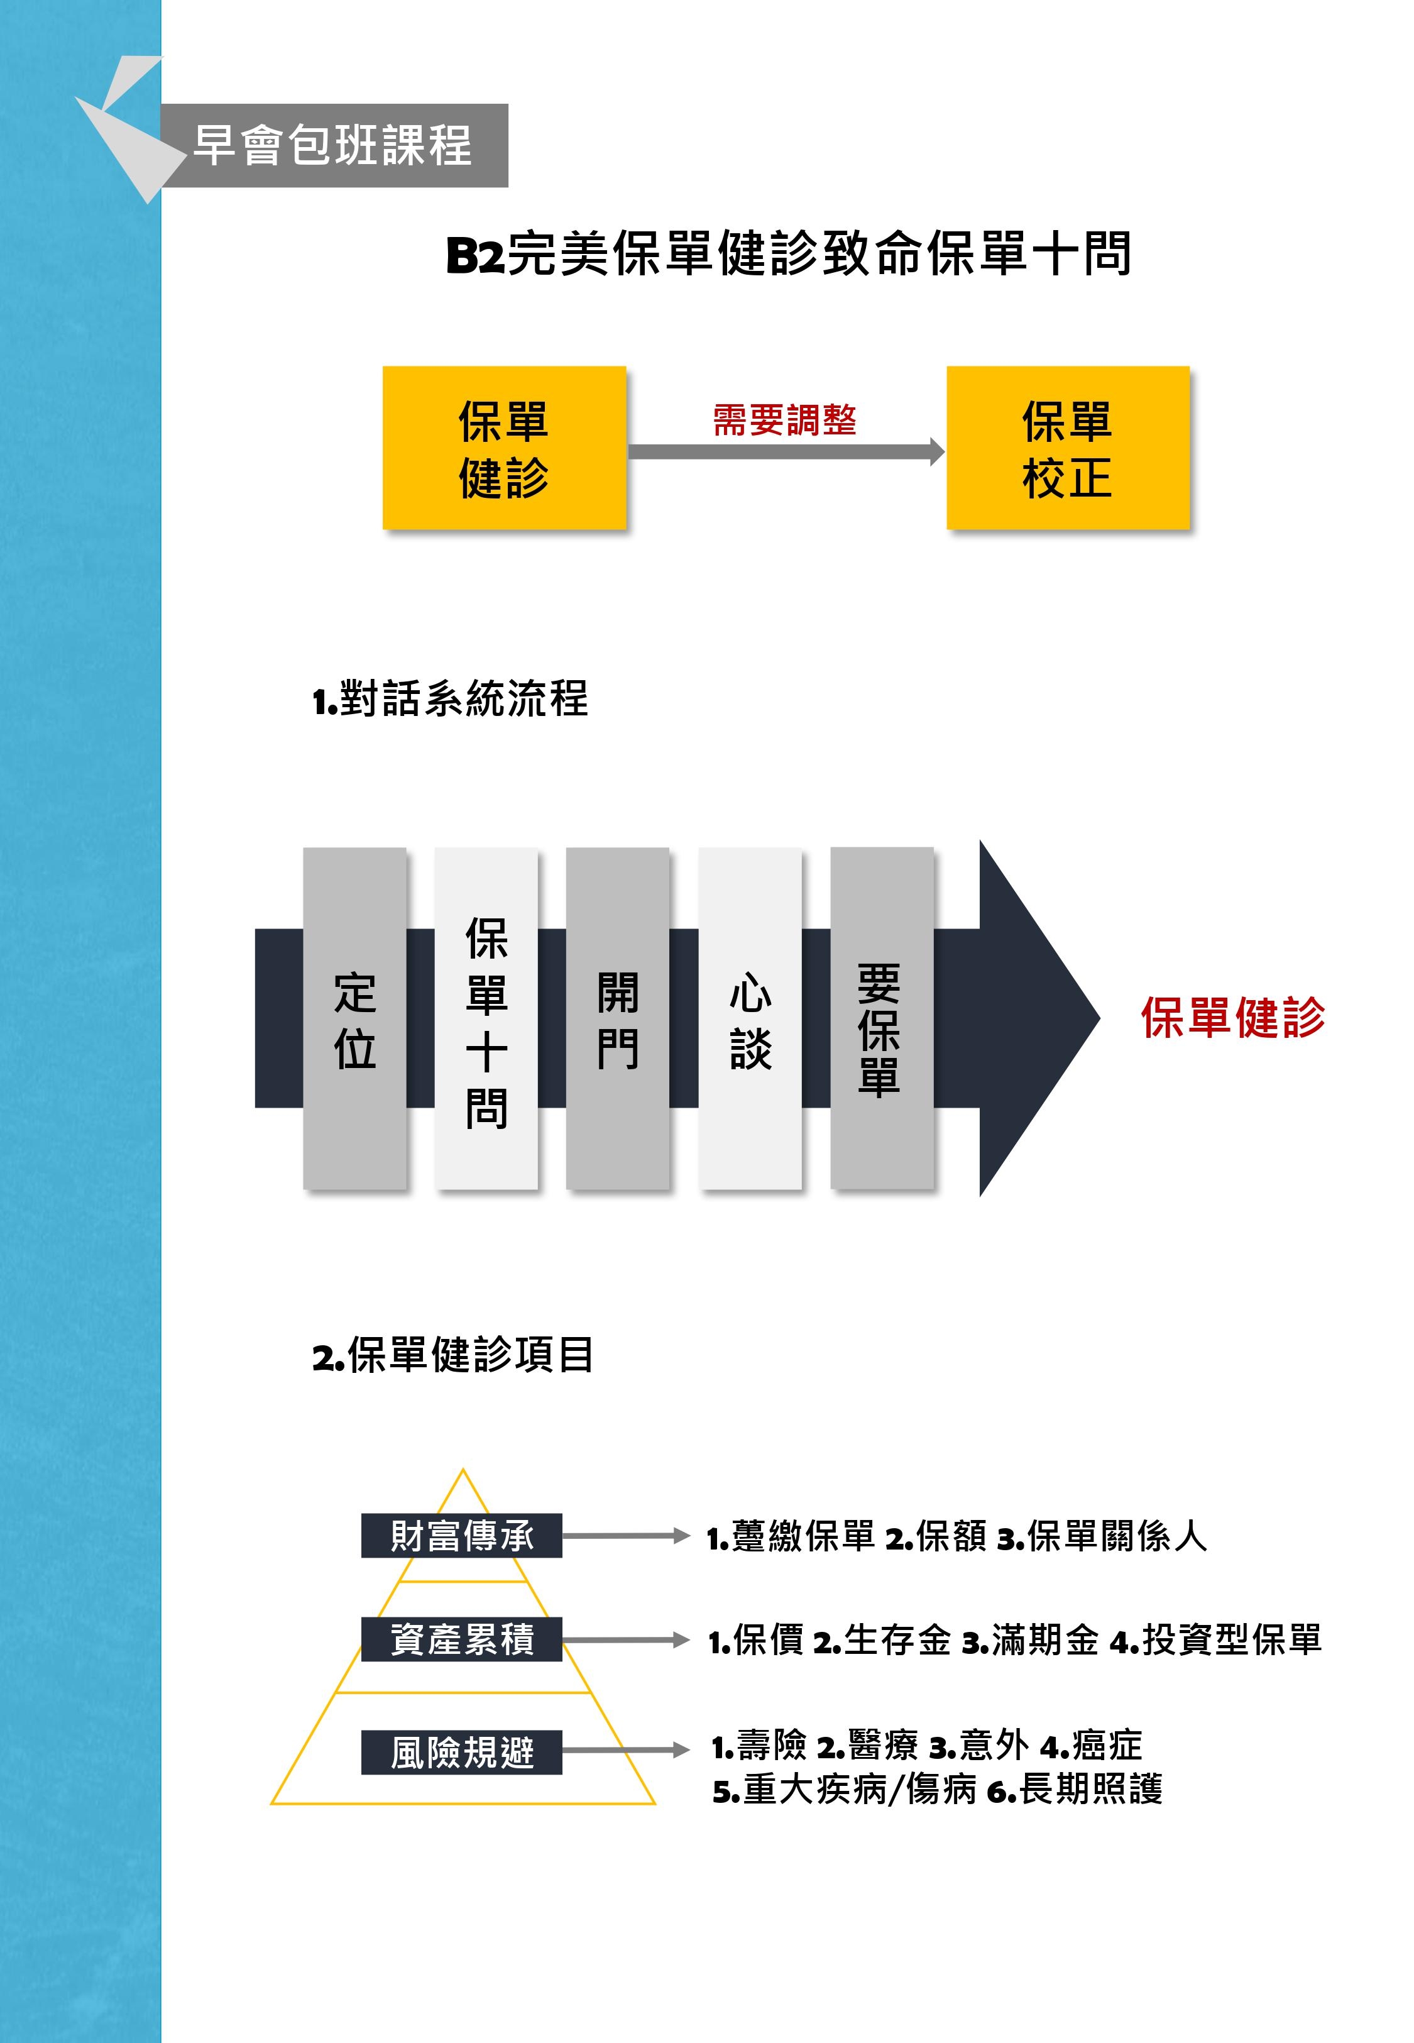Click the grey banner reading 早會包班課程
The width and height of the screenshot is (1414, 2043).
point(332,145)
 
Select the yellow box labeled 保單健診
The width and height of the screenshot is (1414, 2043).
point(504,448)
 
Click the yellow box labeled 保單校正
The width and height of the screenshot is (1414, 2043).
point(1068,448)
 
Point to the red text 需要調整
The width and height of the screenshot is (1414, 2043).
point(785,420)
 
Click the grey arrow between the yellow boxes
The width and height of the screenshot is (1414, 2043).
point(785,452)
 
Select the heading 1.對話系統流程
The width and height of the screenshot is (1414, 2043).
point(450,700)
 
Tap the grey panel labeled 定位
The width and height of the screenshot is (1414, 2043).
point(354,1019)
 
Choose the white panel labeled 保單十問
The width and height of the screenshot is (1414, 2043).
point(486,1019)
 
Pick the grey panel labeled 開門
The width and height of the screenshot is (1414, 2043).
point(618,1019)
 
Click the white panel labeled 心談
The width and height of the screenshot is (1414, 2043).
point(750,1019)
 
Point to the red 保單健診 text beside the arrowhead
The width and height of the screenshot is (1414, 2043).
point(1232,1017)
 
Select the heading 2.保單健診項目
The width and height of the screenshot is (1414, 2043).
point(452,1355)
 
